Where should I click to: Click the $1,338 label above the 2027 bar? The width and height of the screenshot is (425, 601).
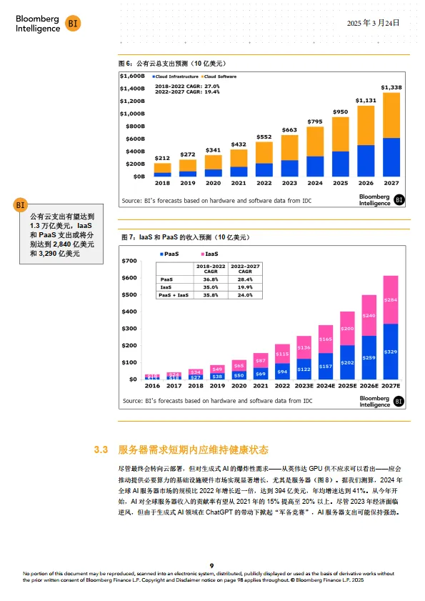point(391,88)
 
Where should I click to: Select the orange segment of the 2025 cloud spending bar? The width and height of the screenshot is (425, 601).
point(341,134)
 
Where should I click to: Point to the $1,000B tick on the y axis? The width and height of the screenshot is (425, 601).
point(132,114)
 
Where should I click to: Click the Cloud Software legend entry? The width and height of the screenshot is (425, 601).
point(221,76)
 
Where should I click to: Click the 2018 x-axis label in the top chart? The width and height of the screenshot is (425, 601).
point(162,183)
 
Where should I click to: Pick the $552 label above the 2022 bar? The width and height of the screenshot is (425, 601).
point(264,136)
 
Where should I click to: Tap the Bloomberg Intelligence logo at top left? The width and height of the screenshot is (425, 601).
point(47,23)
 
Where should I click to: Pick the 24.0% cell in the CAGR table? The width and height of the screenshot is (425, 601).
point(244,294)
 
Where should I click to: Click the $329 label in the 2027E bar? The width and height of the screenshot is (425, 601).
point(391,352)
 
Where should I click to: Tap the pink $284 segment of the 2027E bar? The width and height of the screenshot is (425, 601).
point(391,300)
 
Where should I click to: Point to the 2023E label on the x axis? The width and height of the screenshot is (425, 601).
point(304,386)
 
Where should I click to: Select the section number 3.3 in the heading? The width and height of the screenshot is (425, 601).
point(101,450)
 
